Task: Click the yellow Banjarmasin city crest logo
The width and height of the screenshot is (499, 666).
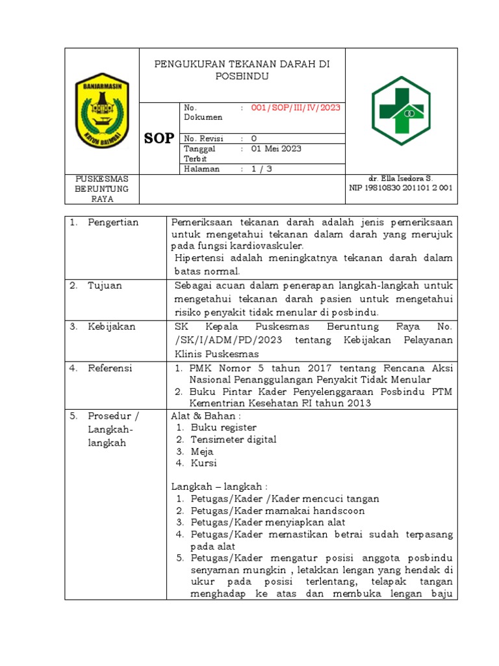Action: [x=102, y=110]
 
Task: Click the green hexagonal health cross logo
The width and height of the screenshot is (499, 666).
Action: [x=401, y=111]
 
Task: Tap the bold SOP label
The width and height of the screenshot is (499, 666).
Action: [x=159, y=138]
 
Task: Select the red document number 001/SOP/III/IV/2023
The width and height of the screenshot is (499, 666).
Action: [x=295, y=108]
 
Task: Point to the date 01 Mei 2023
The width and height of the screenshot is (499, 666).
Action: [x=276, y=148]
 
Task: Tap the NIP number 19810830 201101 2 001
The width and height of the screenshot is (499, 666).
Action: [x=401, y=188]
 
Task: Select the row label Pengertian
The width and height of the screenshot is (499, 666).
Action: [x=113, y=222]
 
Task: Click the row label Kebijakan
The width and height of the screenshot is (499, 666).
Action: [x=111, y=326]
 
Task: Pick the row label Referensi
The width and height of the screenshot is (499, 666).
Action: [x=110, y=368]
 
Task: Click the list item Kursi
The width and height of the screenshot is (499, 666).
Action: [x=203, y=463]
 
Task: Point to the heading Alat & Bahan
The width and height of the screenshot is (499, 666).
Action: [x=206, y=415]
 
